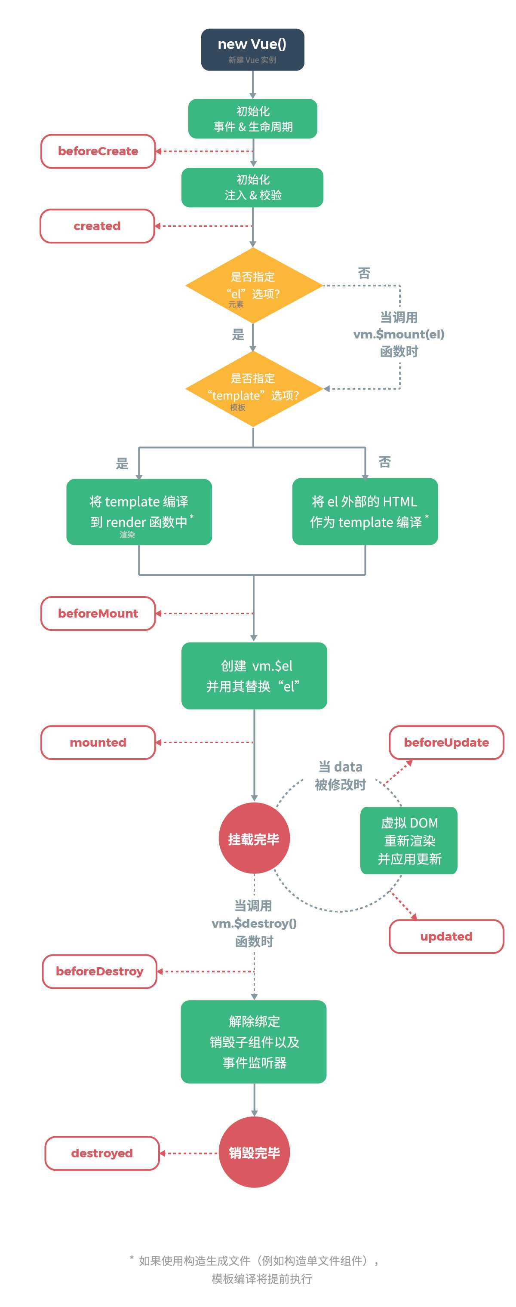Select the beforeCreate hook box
[98, 151]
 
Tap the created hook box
[97, 226]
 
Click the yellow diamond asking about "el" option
[253, 285]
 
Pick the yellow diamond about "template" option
[253, 389]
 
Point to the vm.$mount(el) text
[398, 334]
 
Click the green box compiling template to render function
[139, 512]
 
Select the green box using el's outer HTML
[365, 511]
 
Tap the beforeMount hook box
[98, 613]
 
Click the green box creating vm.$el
[254, 676]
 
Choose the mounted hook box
[98, 742]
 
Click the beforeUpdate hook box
[446, 742]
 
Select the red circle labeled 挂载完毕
[254, 839]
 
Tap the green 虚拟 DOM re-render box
[408, 841]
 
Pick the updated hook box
[446, 936]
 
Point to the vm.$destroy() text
[254, 923]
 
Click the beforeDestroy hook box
[99, 971]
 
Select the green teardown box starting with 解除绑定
[254, 1042]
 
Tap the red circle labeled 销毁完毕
[254, 1153]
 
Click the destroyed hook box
[102, 1153]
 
